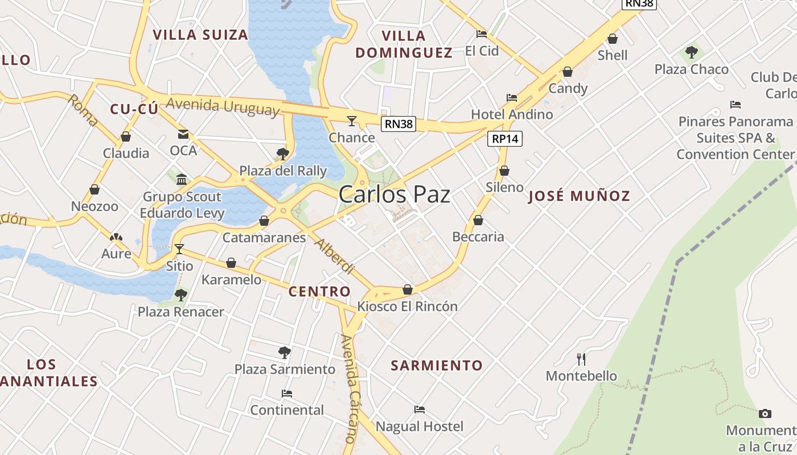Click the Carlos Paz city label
click(x=394, y=195)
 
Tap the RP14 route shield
click(x=505, y=139)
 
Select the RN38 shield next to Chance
click(x=398, y=124)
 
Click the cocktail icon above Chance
click(x=352, y=121)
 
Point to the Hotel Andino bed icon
click(x=512, y=98)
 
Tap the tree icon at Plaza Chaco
click(x=692, y=53)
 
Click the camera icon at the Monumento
click(x=765, y=413)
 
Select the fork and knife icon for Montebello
click(x=581, y=359)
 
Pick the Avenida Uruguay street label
click(x=223, y=106)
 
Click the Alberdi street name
click(x=335, y=257)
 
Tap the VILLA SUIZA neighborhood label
click(x=200, y=35)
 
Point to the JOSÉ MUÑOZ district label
click(x=579, y=196)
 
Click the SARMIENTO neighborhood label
click(x=437, y=365)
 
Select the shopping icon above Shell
click(x=613, y=39)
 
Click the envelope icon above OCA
click(x=183, y=134)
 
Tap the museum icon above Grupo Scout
click(x=182, y=180)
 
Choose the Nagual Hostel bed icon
click(x=420, y=409)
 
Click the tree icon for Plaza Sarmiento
click(x=285, y=353)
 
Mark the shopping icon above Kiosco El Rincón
click(x=408, y=289)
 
